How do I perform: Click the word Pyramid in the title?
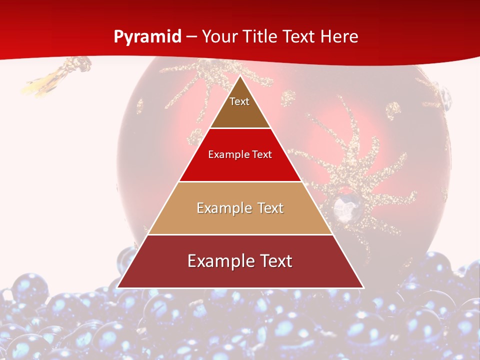coord(147,37)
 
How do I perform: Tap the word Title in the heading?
coord(261,37)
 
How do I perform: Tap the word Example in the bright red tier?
coord(226,155)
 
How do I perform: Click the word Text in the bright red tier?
coord(262,155)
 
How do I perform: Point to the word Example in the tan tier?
coord(223,208)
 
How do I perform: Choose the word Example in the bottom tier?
coord(220,261)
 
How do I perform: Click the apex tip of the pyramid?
coord(240,77)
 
